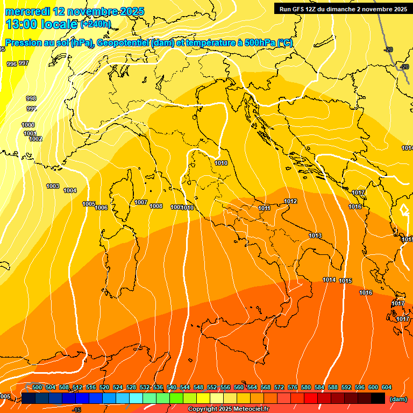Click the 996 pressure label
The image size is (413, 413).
click(12, 64)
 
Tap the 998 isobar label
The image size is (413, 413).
click(31, 98)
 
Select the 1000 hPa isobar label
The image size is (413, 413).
click(28, 125)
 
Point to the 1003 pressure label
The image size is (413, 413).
click(53, 186)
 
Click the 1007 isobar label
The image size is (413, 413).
click(141, 202)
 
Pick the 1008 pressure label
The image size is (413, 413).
click(156, 206)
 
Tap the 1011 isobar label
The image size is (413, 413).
click(264, 208)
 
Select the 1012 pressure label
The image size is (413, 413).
click(290, 201)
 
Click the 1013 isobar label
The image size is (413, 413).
click(315, 236)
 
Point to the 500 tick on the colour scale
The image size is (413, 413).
click(37, 387)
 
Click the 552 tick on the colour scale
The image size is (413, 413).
click(212, 387)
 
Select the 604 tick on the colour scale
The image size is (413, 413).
click(387, 387)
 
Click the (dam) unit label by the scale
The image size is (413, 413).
click(398, 399)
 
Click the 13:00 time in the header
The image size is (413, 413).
click(23, 24)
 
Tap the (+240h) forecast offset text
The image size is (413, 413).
click(96, 24)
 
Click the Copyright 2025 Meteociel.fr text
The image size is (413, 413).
click(228, 409)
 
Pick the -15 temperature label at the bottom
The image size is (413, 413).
click(76, 410)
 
